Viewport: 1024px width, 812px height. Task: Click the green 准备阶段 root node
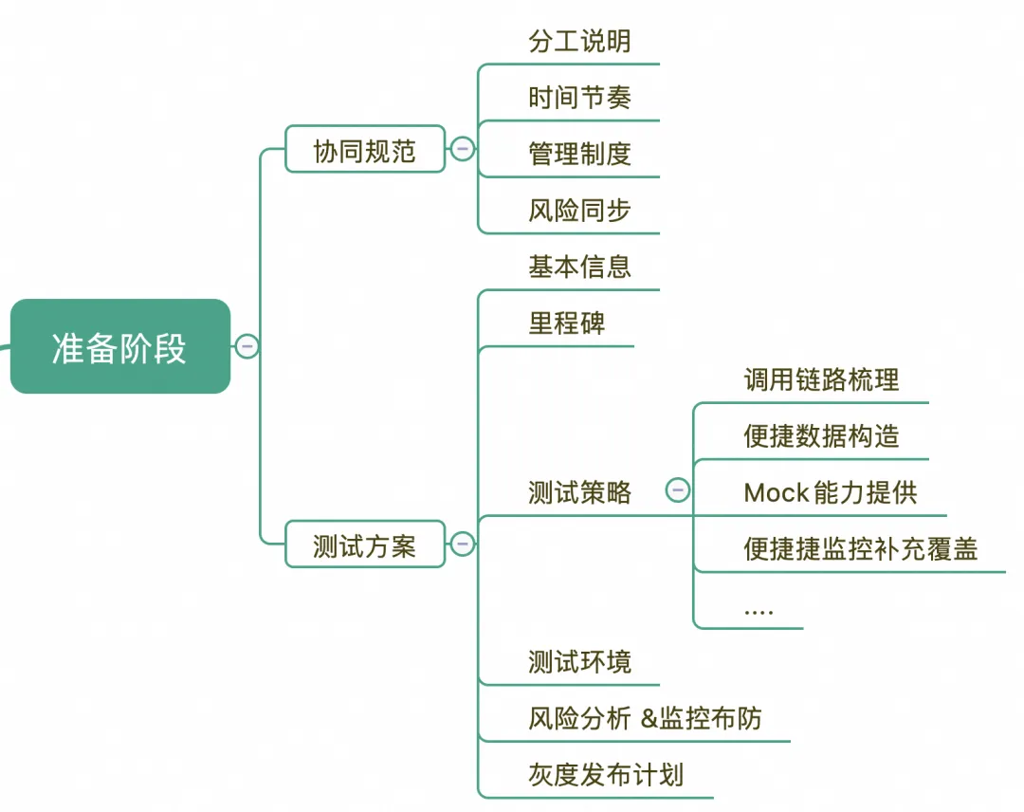(x=119, y=347)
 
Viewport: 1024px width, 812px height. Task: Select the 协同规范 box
(x=365, y=150)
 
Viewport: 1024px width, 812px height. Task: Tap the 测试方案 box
(x=365, y=544)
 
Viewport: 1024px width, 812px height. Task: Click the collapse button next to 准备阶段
(x=247, y=347)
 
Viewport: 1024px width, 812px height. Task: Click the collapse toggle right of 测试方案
(x=463, y=544)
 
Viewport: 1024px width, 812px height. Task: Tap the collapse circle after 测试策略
(x=678, y=490)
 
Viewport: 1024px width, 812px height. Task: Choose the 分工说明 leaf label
(x=579, y=42)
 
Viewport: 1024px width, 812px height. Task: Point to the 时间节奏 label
(x=579, y=98)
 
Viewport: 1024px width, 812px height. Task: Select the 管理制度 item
(x=579, y=154)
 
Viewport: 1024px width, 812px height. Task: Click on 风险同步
(x=579, y=210)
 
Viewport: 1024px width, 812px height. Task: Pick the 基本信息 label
(x=579, y=267)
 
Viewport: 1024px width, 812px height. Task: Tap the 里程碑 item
(x=566, y=323)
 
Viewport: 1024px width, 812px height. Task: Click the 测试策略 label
(x=579, y=492)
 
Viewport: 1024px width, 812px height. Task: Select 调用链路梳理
(x=821, y=380)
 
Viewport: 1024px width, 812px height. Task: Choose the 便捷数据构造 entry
(x=821, y=436)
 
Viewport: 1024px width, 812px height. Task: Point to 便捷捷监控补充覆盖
(x=860, y=549)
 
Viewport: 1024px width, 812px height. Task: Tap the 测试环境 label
(x=579, y=661)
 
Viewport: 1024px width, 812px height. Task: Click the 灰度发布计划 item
(x=605, y=774)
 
